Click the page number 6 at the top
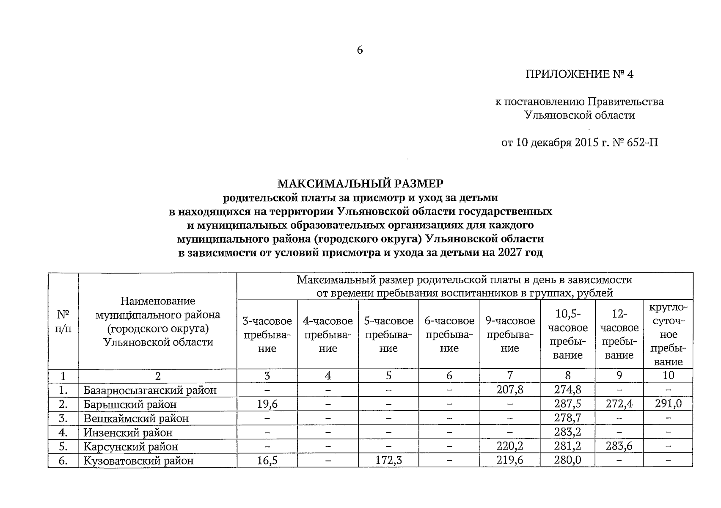[x=360, y=50]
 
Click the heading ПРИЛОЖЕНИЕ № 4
[x=579, y=75]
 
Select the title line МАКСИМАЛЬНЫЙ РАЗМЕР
[x=360, y=183]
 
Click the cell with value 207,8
[x=509, y=389]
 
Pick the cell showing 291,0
[x=668, y=404]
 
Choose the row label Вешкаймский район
[x=136, y=418]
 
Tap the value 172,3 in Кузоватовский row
[x=388, y=460]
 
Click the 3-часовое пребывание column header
[x=267, y=334]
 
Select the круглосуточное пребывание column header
[x=668, y=334]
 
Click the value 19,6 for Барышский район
[x=267, y=404]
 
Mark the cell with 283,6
[x=619, y=446]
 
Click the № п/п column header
[x=63, y=321]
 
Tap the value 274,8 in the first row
[x=567, y=389]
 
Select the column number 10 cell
[x=668, y=375]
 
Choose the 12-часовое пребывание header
[x=619, y=334]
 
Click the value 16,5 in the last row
[x=267, y=460]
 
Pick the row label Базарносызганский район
[x=150, y=390]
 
